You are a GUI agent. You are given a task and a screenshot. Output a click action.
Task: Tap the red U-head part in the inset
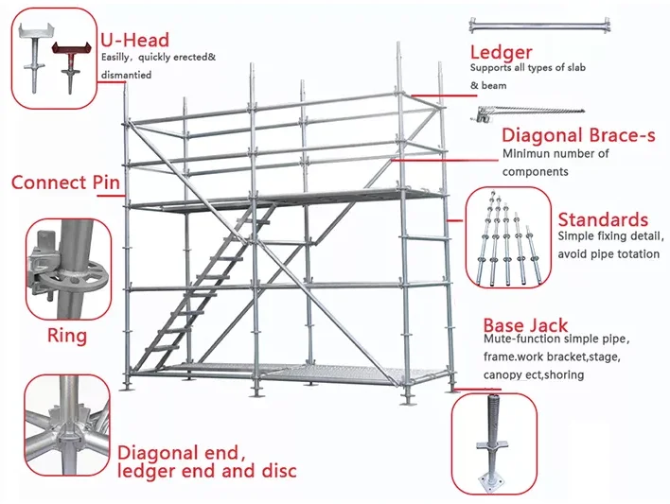[x=69, y=57]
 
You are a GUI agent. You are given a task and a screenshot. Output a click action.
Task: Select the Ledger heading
[x=501, y=51]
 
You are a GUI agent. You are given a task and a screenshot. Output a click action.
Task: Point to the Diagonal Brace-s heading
[x=578, y=135]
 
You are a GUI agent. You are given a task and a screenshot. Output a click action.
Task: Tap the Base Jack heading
[x=525, y=325]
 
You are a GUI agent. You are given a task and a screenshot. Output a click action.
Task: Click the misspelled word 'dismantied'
[x=126, y=75]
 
